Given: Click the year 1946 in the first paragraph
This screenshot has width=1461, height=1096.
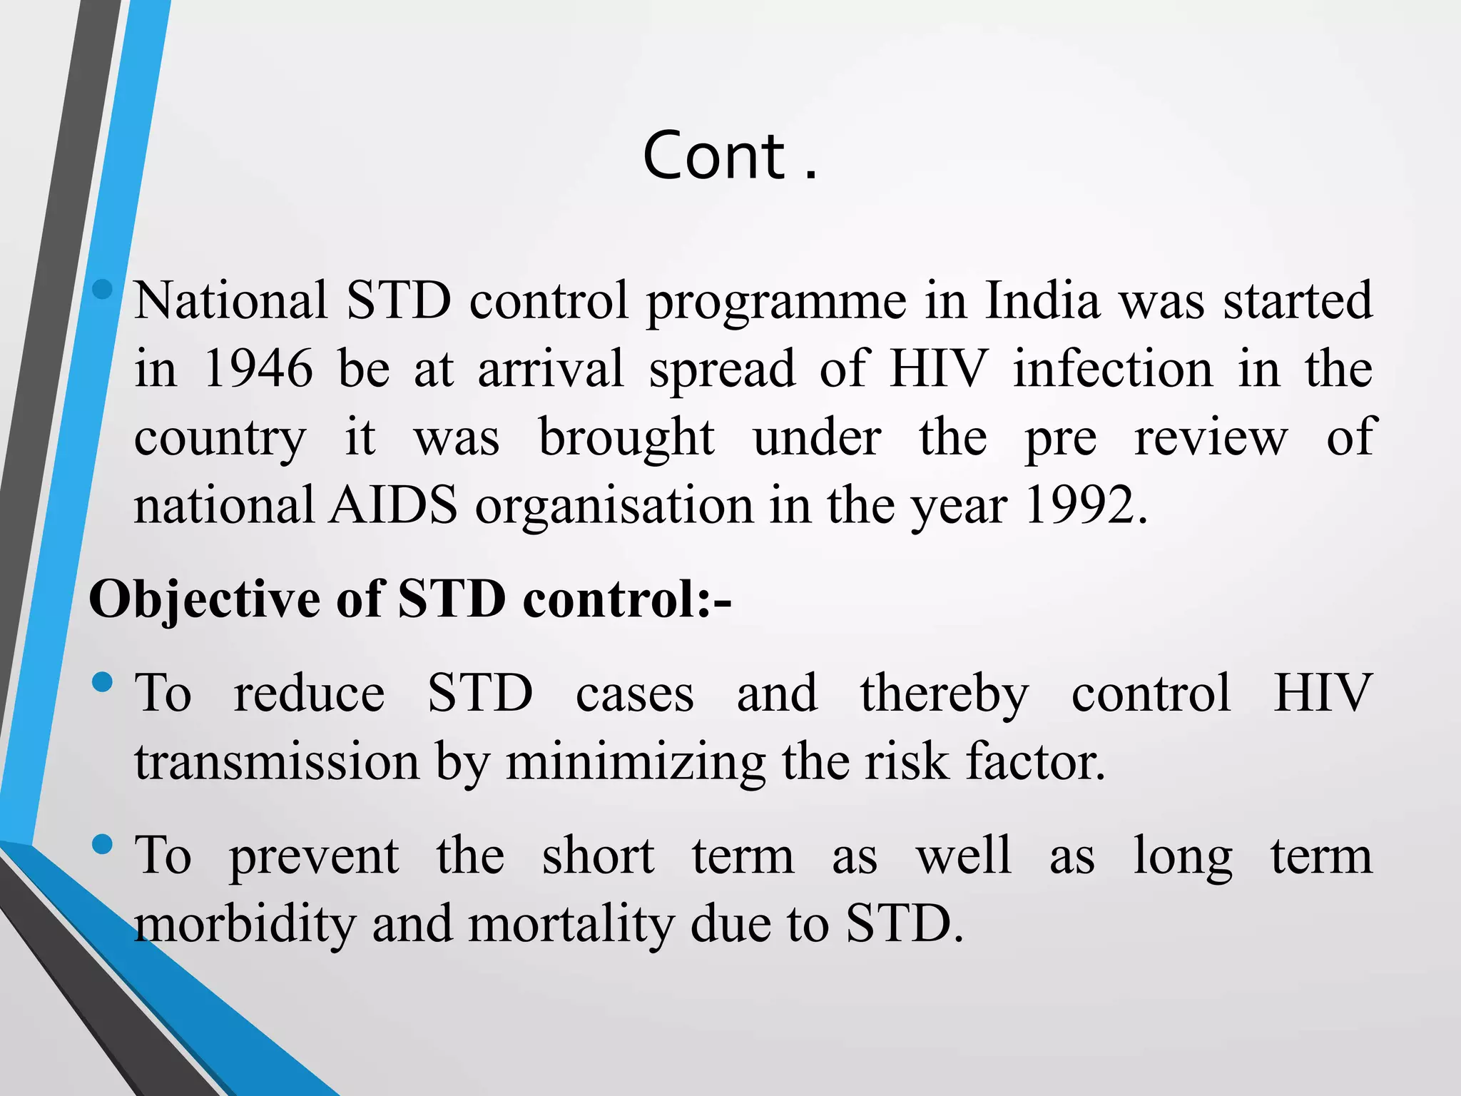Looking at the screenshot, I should pos(258,369).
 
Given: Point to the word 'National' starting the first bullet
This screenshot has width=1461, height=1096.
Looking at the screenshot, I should pos(231,300).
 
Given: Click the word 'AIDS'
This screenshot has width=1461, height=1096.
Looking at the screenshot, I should pos(393,506).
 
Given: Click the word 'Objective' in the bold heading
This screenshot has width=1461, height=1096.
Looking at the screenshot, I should pos(204,599).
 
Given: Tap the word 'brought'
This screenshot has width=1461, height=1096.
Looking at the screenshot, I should pos(626,438).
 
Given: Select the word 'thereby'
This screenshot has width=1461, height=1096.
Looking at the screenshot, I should pos(944,694).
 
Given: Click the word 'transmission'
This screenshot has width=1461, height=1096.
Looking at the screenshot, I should pos(277,762).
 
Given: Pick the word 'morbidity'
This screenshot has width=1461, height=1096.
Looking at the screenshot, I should pos(245,924).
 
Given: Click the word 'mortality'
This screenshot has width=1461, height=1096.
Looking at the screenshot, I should pos(571,924).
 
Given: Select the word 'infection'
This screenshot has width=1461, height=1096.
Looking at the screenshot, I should pos(1113,369).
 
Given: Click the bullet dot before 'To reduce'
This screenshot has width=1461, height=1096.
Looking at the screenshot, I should pos(103,682).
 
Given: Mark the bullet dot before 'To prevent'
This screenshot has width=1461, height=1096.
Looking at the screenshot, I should pos(103,845).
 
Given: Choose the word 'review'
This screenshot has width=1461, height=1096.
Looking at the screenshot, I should pos(1211,437).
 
